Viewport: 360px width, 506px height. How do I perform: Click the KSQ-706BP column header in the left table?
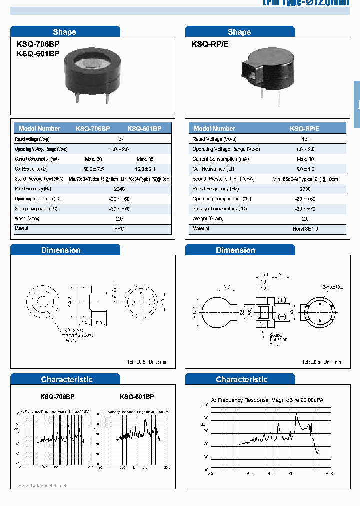[93, 128]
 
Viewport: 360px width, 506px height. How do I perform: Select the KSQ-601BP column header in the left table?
[144, 128]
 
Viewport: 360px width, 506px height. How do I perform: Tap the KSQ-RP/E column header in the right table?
[305, 128]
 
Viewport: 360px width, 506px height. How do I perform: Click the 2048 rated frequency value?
[119, 189]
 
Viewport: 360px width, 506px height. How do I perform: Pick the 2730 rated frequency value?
[305, 189]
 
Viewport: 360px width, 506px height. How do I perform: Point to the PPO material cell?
[119, 229]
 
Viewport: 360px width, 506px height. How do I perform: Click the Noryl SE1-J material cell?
[305, 229]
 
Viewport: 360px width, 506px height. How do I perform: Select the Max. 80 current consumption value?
[305, 159]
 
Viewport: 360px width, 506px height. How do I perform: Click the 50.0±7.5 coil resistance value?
[94, 169]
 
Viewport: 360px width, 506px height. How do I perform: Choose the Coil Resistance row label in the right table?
[213, 169]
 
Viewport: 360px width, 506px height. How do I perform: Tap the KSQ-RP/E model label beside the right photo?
[210, 44]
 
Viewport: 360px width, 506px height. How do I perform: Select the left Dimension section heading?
[61, 250]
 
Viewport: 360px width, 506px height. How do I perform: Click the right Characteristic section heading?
[241, 380]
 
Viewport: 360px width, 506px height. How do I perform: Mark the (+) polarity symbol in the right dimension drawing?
[281, 300]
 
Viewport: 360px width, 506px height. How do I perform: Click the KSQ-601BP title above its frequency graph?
[137, 396]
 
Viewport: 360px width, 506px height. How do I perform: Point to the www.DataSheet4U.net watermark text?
[42, 486]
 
